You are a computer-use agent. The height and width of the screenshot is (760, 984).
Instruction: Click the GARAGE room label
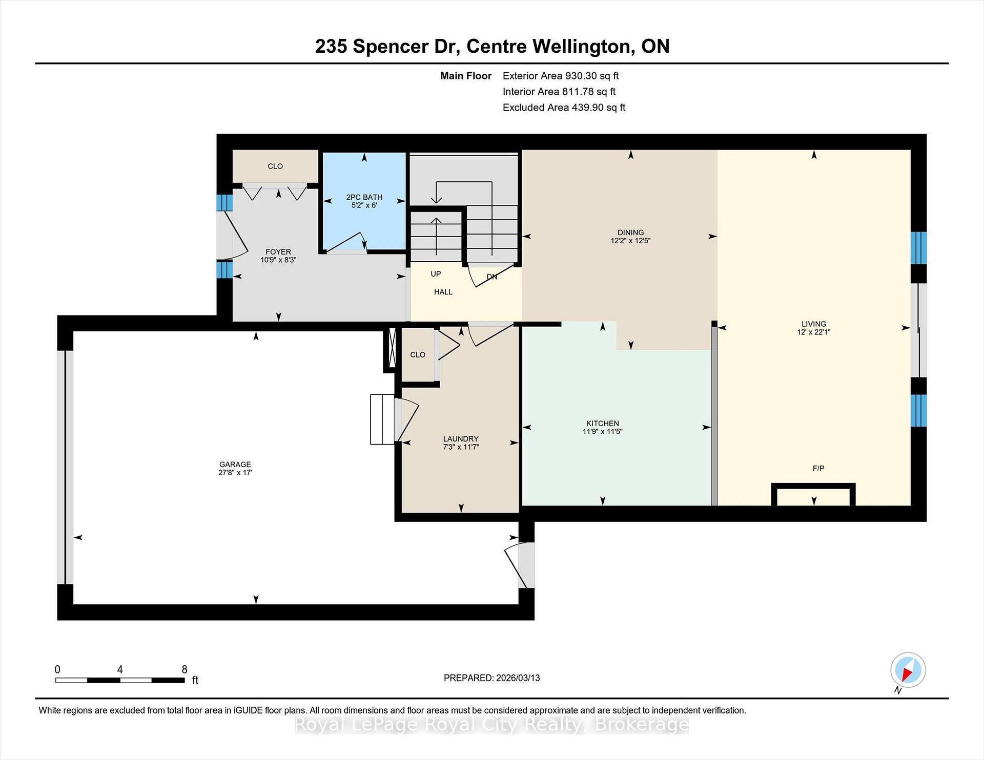tap(235, 465)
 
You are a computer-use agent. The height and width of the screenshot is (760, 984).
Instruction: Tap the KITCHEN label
tap(603, 424)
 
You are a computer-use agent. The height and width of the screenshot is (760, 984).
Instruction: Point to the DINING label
tap(630, 233)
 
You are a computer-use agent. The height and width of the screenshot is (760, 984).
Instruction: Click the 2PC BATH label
tap(364, 197)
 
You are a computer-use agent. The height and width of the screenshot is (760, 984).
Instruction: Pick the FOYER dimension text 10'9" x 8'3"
tap(278, 260)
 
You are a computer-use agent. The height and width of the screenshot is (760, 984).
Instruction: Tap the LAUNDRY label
tap(461, 439)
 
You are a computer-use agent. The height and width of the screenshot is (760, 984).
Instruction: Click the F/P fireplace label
tap(818, 468)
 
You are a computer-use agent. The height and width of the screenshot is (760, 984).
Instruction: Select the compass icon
tap(908, 670)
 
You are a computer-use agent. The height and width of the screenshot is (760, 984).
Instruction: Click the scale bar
tap(120, 680)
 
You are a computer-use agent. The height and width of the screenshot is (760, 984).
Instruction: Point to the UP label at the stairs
tap(436, 274)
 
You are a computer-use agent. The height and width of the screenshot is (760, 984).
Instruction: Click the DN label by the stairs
tap(492, 277)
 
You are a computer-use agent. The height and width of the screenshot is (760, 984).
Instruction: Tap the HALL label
tap(443, 292)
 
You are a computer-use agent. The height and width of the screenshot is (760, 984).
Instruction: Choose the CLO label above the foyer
tap(275, 166)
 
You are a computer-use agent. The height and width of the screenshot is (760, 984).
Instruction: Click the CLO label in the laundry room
tap(418, 354)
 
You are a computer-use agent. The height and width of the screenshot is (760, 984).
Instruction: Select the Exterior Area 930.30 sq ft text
tap(561, 76)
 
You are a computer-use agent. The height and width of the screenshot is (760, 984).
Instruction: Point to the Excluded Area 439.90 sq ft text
tap(564, 108)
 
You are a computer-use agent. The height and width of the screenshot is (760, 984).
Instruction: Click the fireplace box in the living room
tap(813, 494)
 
